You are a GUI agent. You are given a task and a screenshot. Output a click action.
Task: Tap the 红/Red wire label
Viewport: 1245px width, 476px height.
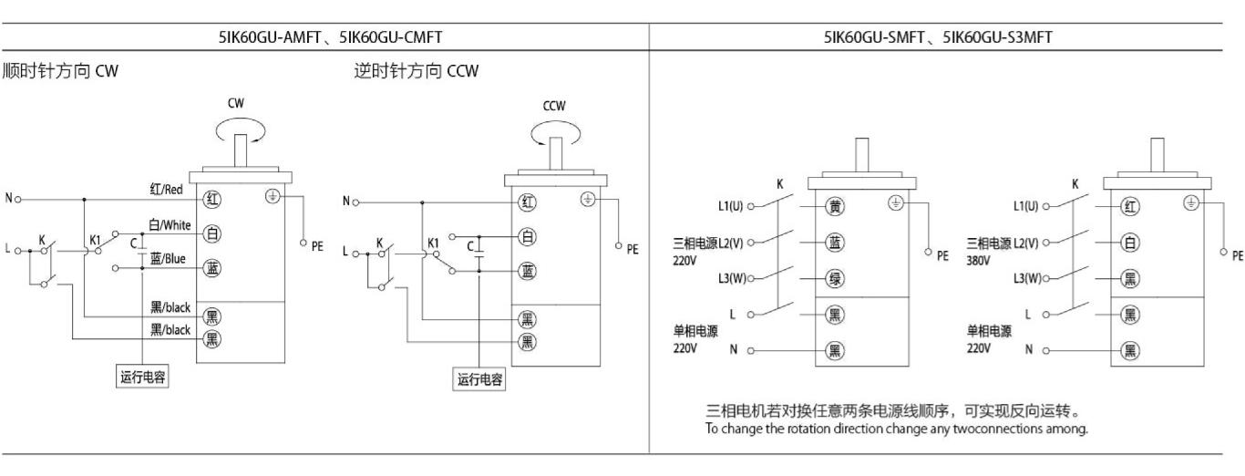click(x=168, y=188)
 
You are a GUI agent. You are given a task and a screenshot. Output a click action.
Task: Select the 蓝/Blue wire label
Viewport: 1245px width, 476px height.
click(x=168, y=259)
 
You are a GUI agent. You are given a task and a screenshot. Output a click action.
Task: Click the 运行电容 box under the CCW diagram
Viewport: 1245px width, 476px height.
click(x=480, y=379)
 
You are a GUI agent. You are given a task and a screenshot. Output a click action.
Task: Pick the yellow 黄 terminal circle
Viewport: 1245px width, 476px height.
click(x=832, y=206)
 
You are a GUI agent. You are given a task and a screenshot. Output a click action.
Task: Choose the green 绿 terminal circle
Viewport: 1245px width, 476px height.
click(x=832, y=278)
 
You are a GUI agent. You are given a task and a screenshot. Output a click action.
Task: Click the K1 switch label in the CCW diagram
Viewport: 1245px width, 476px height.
click(x=434, y=243)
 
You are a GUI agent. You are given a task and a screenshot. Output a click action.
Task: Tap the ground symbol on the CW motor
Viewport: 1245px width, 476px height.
click(x=272, y=195)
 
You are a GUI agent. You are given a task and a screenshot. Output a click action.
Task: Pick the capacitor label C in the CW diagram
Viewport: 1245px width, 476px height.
click(x=135, y=244)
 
